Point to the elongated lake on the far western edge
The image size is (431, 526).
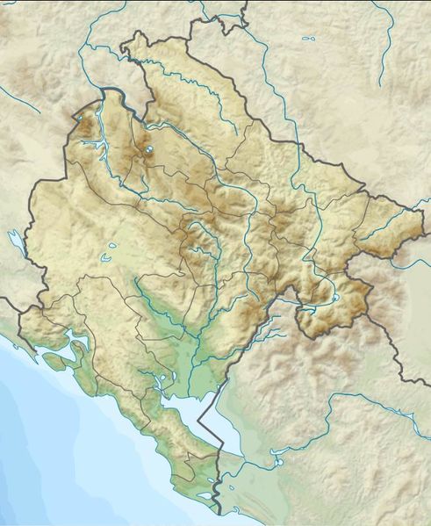[15, 240]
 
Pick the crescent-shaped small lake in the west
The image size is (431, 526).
[106, 258]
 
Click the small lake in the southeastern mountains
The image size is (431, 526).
[334, 298]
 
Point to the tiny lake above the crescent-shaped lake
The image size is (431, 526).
[114, 244]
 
